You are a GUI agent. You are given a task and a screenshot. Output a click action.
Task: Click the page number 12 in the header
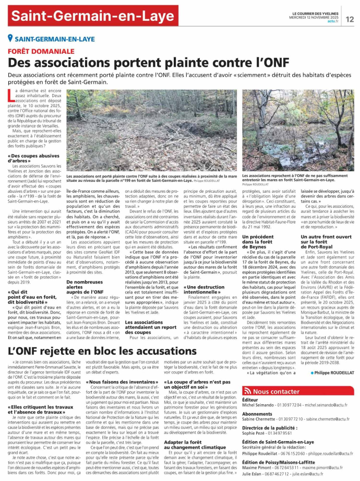pyautogui.click(x=349, y=19)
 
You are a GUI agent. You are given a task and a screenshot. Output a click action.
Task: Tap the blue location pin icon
pyautogui.click(x=10, y=38)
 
